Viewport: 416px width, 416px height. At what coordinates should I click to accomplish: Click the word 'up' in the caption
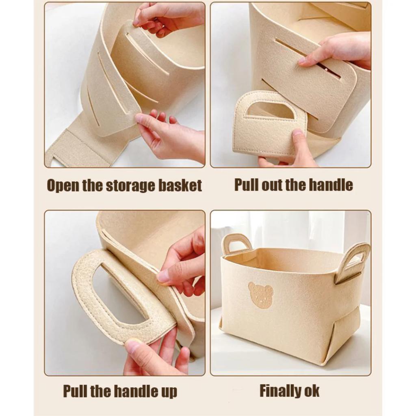coord(167,392)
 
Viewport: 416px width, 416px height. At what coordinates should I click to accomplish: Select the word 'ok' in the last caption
coord(310,391)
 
